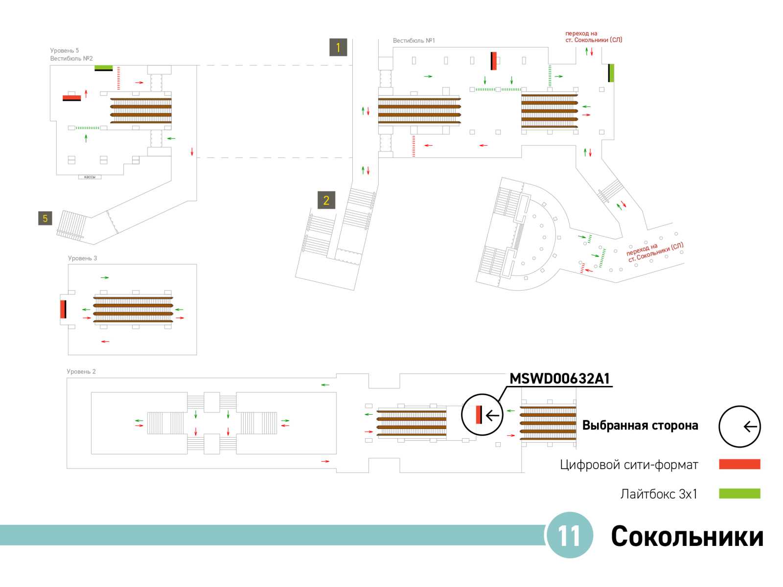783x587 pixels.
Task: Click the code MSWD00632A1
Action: click(559, 378)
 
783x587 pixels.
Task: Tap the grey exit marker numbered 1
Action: click(338, 47)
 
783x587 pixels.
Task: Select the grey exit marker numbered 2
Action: click(326, 200)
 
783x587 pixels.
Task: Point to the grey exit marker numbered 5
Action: click(45, 218)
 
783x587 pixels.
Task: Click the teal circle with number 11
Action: click(569, 535)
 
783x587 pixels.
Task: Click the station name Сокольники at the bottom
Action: click(687, 536)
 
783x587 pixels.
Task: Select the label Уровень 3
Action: click(82, 258)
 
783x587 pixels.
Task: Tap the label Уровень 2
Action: click(81, 371)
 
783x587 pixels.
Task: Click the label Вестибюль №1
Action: click(414, 41)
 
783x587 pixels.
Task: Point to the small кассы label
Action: click(90, 177)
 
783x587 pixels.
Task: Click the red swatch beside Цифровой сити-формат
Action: click(739, 464)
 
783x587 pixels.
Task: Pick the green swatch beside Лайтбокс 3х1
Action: click(739, 493)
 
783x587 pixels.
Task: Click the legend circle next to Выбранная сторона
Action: click(739, 426)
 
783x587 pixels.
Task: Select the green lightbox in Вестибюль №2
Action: click(103, 68)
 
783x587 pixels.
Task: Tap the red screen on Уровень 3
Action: click(63, 309)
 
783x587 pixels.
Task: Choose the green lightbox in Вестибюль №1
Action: click(611, 73)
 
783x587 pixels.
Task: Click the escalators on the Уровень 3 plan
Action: click(133, 309)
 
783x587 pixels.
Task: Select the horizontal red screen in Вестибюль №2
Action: click(72, 98)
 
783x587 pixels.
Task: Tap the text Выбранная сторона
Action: click(640, 425)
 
